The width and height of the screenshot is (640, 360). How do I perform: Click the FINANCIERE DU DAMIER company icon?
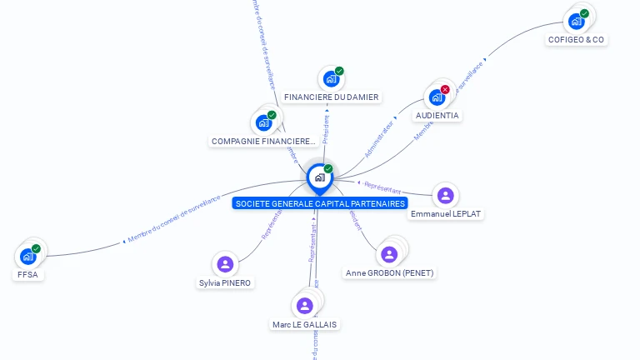click(x=331, y=79)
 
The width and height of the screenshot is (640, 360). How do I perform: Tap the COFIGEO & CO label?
click(x=576, y=39)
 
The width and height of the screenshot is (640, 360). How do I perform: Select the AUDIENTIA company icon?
click(x=437, y=97)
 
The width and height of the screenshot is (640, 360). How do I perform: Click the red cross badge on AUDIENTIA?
click(x=445, y=89)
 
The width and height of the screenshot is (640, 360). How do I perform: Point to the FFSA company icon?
click(x=27, y=256)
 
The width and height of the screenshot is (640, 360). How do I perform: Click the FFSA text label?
click(x=27, y=274)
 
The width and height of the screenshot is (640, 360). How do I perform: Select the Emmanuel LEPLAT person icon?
click(x=446, y=196)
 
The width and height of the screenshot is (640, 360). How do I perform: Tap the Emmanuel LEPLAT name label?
click(x=446, y=213)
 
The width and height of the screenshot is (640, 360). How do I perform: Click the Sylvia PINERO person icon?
click(x=224, y=265)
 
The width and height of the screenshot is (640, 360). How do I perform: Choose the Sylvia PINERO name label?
click(x=225, y=282)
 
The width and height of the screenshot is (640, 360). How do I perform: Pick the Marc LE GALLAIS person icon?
click(x=305, y=306)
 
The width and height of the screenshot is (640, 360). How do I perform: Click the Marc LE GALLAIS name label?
click(x=306, y=324)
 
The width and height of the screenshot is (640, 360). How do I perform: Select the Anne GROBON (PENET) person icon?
click(x=389, y=254)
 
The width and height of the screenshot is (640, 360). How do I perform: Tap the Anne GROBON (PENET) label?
click(x=389, y=272)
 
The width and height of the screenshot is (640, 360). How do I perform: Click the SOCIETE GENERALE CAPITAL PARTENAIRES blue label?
click(x=320, y=203)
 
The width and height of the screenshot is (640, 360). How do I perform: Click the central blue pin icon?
click(x=319, y=177)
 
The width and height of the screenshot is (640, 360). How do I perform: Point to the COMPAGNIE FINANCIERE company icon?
click(x=264, y=122)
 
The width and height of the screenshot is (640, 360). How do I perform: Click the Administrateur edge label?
click(x=379, y=139)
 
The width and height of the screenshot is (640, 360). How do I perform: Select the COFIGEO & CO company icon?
click(x=576, y=21)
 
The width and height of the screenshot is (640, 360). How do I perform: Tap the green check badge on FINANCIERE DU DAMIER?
click(x=339, y=71)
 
